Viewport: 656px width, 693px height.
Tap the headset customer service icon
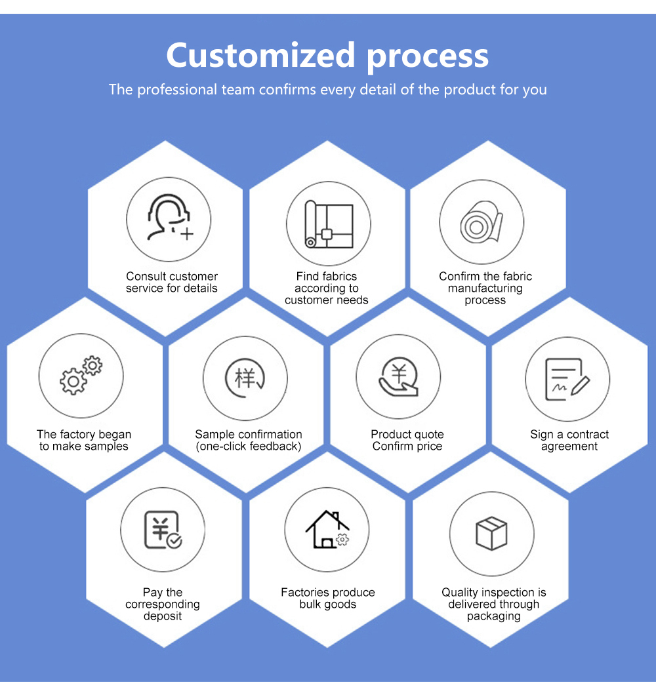169,218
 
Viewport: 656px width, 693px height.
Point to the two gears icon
81,375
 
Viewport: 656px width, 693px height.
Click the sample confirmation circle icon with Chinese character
245,378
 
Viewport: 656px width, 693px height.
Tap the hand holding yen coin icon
398,378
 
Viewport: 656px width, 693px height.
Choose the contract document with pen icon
567,380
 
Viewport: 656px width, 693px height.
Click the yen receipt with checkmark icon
163,529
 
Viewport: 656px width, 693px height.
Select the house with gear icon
327,530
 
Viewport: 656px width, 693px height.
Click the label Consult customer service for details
172,283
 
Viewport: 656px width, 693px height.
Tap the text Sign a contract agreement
569,441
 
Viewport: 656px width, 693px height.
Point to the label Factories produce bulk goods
328,599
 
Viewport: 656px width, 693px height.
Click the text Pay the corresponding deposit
163,604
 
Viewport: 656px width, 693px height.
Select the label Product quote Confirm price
407,441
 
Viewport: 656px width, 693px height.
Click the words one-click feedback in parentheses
249,446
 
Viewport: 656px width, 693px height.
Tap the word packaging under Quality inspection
494,616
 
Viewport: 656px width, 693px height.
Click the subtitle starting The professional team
328,90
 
